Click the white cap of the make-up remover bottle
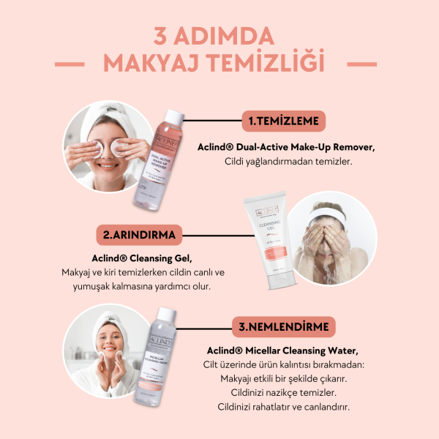[x=176, y=117]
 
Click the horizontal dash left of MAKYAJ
[x=81, y=63]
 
